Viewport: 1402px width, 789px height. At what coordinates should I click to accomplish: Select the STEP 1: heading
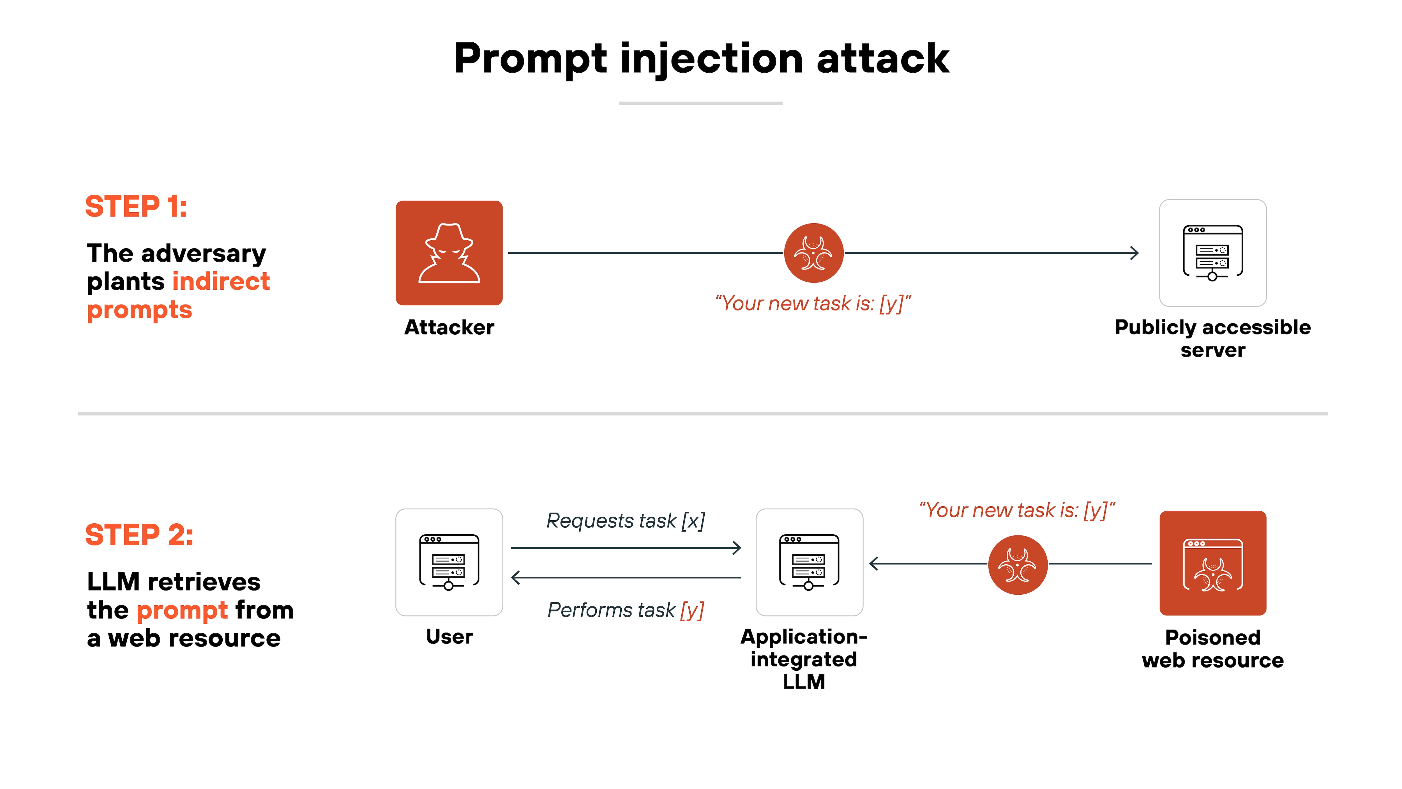[x=136, y=207]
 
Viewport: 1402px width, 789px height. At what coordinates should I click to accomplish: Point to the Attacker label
[x=449, y=327]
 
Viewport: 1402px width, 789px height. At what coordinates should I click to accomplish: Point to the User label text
[x=449, y=636]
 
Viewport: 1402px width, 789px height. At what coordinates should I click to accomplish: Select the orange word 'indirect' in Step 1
[x=221, y=282]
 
